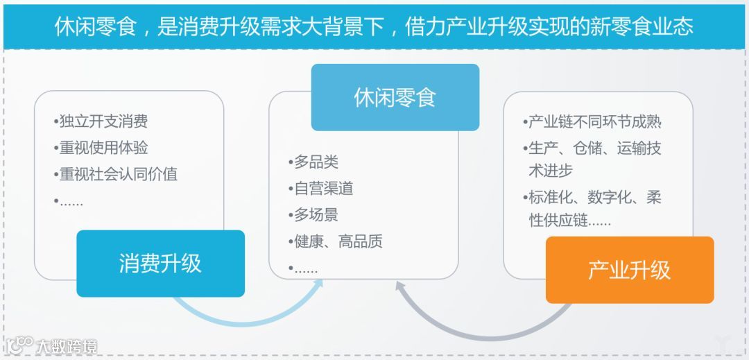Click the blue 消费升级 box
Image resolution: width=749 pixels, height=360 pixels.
[160, 264]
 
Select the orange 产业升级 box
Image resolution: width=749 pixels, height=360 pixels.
[629, 270]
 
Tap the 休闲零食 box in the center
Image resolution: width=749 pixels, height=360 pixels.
[395, 97]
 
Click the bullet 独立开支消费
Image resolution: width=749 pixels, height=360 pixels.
[101, 122]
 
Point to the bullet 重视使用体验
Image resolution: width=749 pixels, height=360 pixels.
[101, 148]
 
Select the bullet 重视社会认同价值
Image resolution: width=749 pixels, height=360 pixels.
[115, 174]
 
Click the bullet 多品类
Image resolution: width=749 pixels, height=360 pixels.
[313, 162]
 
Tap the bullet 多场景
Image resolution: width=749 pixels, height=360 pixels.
[313, 214]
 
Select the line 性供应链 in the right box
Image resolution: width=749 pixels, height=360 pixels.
[569, 221]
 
